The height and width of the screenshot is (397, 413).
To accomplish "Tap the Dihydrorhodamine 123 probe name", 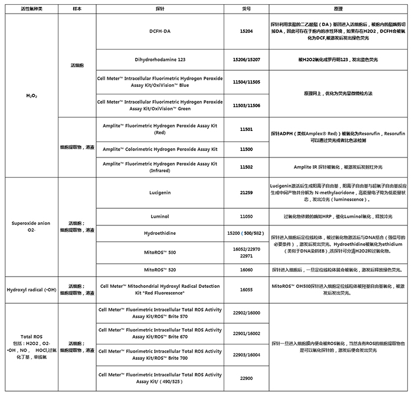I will (x=159, y=60).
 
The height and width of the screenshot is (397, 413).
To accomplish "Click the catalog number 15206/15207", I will (x=246, y=60).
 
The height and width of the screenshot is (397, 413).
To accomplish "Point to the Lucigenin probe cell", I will (x=159, y=192).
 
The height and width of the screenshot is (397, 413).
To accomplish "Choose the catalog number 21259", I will (x=246, y=192).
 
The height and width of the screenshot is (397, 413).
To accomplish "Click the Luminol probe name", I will (x=159, y=216).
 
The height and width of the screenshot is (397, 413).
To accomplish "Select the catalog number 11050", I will (x=246, y=216).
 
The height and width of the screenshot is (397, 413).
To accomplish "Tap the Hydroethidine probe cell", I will (x=159, y=234).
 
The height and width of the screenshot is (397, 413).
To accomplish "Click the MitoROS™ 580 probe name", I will (x=159, y=252).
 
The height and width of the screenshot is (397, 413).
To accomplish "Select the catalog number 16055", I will (x=246, y=290).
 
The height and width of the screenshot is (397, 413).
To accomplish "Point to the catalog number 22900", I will (x=246, y=378).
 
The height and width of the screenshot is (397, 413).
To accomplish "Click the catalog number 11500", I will (x=246, y=149).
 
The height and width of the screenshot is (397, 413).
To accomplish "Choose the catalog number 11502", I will (x=246, y=167).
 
